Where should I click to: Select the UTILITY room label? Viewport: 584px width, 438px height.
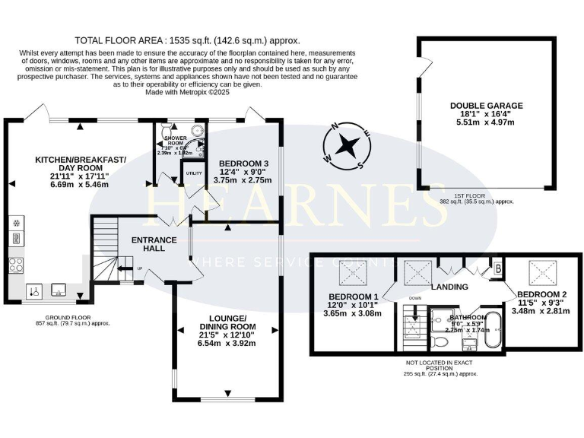[193, 173]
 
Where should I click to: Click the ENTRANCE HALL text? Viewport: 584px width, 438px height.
[154, 244]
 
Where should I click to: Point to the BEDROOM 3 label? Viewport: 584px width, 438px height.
[243, 163]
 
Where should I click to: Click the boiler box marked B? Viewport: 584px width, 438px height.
[498, 268]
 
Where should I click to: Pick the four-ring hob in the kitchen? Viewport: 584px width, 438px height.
[16, 264]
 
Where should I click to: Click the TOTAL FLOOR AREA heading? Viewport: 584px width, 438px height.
[187, 40]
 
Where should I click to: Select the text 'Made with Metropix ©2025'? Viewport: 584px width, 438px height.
[187, 92]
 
